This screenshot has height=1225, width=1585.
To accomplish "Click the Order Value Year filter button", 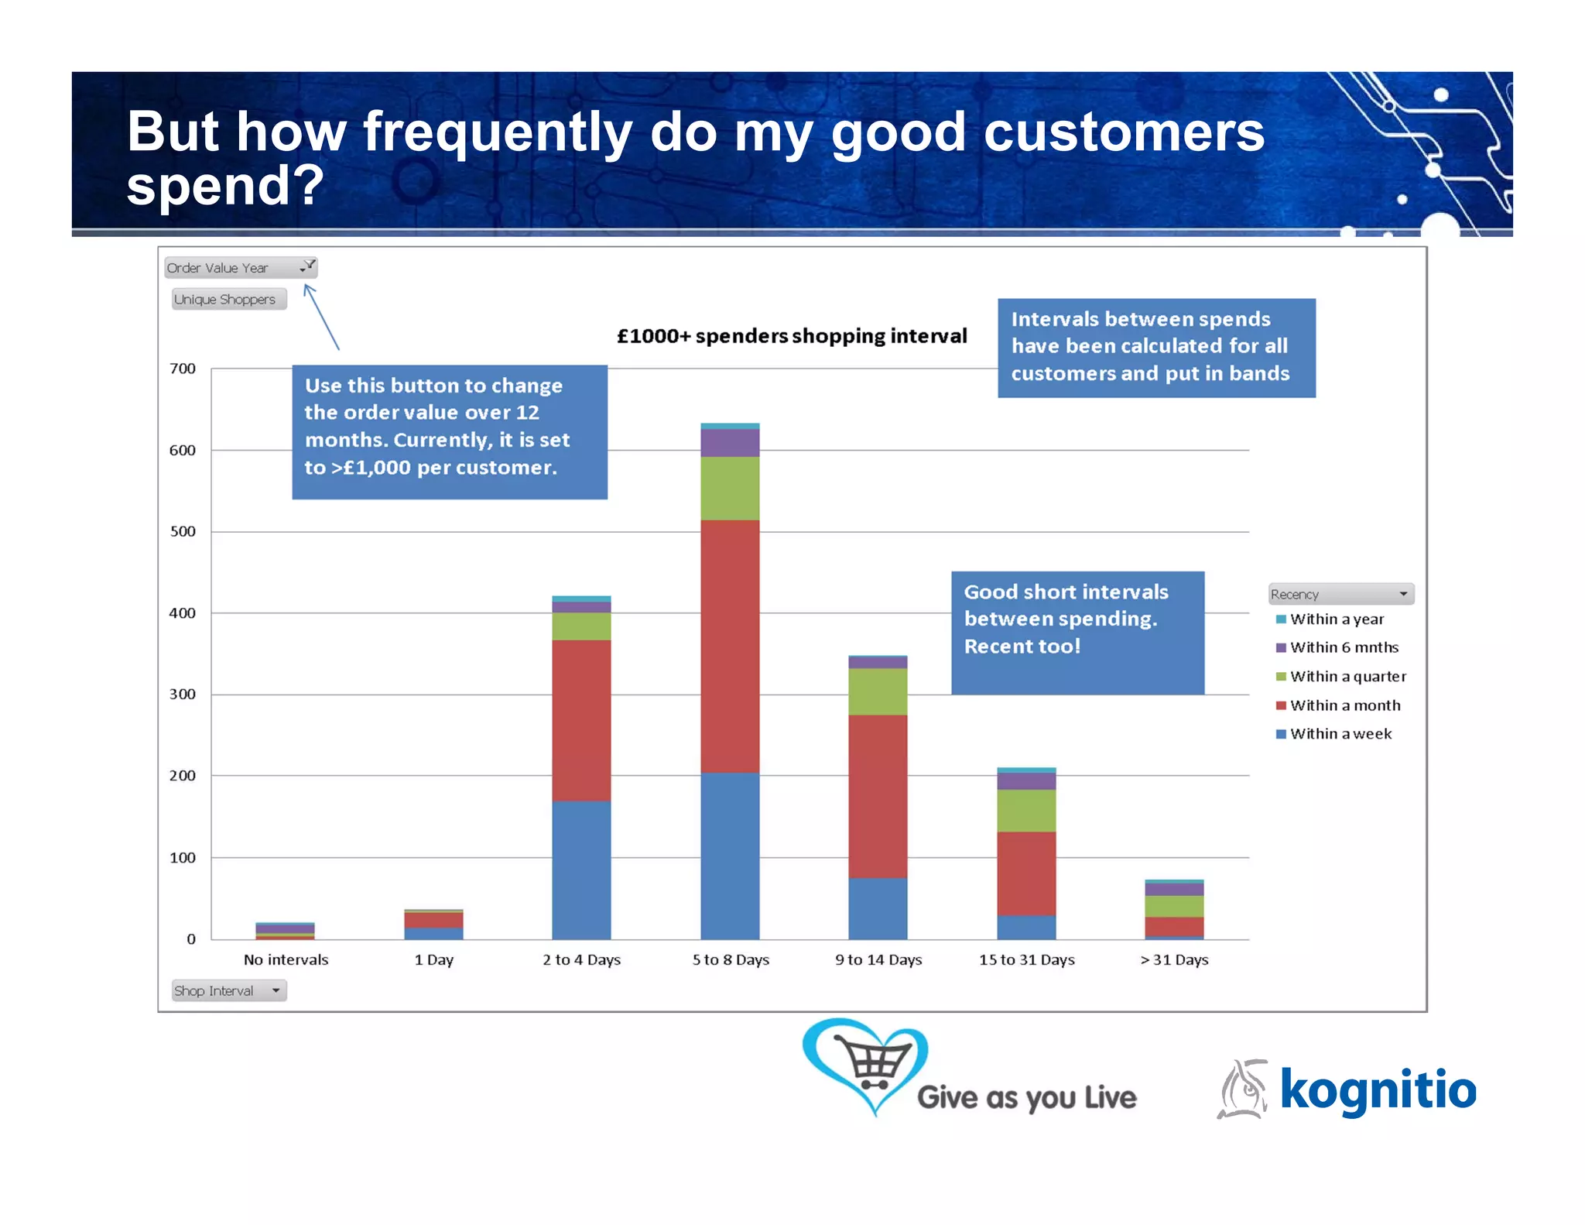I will (307, 267).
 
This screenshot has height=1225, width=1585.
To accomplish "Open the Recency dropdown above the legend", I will (1402, 594).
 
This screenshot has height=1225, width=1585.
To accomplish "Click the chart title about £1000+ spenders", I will (791, 336).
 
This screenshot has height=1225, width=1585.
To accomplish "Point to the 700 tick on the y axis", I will (183, 369).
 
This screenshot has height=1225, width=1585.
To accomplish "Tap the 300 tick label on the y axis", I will (183, 695).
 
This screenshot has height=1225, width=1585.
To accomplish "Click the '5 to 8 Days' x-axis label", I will (730, 959).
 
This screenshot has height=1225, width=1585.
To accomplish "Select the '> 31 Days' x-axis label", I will (1173, 959).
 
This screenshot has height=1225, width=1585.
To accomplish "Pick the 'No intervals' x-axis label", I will (286, 959).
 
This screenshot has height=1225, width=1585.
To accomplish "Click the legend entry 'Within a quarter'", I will (1347, 676).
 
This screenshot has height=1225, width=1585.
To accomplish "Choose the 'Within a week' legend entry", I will (1340, 733).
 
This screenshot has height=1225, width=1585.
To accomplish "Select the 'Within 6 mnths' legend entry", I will (1343, 647).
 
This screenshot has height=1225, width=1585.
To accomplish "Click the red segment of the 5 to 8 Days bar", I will (730, 647).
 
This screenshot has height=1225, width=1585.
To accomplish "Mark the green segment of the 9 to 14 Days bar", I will (878, 691).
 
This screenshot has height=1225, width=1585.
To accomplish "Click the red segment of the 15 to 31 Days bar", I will (1026, 873).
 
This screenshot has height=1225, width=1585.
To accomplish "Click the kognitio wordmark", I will (1378, 1089).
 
